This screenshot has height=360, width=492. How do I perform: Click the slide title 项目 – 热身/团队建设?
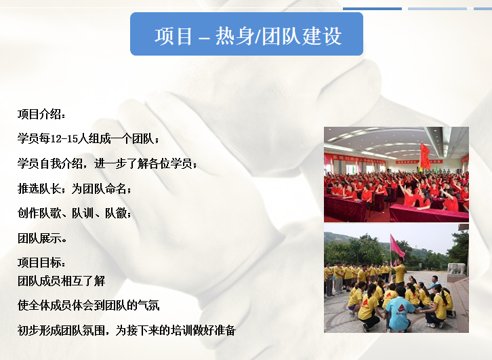pyautogui.click(x=248, y=36)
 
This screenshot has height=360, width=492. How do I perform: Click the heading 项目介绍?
pyautogui.click(x=41, y=114)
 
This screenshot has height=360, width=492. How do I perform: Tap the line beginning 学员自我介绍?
pyautogui.click(x=107, y=163)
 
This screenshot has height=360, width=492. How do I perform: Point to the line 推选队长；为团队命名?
pyautogui.click(x=75, y=188)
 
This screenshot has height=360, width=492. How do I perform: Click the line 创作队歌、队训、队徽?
pyautogui.click(x=75, y=214)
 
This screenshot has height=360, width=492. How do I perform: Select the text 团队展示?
pyautogui.click(x=42, y=238)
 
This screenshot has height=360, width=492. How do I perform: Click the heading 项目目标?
pyautogui.click(x=41, y=262)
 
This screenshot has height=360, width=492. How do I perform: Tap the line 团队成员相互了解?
pyautogui.click(x=61, y=281)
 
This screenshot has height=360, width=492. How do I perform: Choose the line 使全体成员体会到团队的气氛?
pyautogui.click(x=89, y=305)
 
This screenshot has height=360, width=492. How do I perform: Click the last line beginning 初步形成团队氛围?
pyautogui.click(x=127, y=330)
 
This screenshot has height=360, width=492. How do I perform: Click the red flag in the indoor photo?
pyautogui.click(x=425, y=156)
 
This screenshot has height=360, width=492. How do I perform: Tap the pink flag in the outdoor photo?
pyautogui.click(x=396, y=245)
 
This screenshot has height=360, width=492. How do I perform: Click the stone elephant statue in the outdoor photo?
pyautogui.click(x=456, y=269)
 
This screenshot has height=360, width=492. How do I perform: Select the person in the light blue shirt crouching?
pyautogui.click(x=398, y=310)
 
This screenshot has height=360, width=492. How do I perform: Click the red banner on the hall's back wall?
pyautogui.click(x=354, y=158)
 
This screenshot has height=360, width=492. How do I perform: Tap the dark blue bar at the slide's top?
pyautogui.click(x=372, y=9)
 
